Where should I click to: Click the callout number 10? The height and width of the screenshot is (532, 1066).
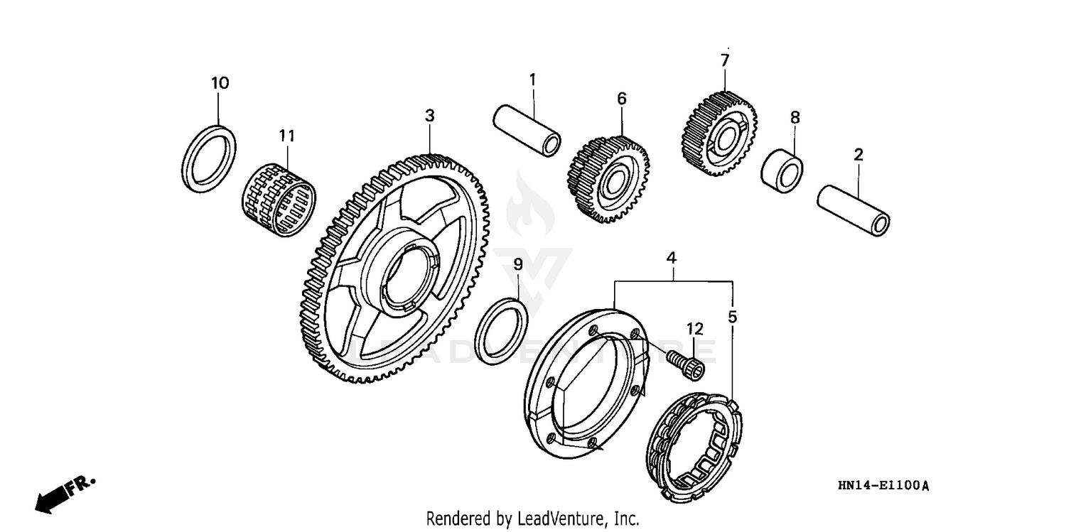click(x=220, y=83)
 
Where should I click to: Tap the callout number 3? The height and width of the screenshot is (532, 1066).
click(x=429, y=115)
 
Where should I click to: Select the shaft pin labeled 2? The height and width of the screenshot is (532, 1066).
click(x=853, y=209)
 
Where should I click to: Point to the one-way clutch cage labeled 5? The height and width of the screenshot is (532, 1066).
click(x=696, y=448)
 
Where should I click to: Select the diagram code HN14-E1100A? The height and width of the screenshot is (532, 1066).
click(x=883, y=486)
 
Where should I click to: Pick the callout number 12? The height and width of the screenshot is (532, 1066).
click(x=694, y=329)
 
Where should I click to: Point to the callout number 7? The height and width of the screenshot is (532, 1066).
click(x=724, y=60)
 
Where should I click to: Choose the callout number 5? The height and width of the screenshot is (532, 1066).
click(x=733, y=317)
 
